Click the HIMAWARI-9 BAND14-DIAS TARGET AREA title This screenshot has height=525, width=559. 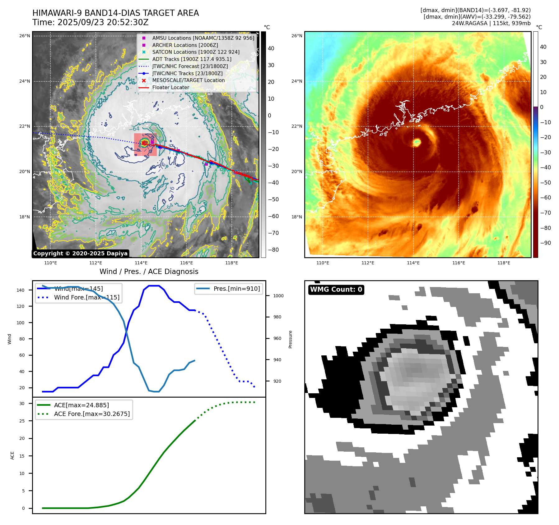(115, 13)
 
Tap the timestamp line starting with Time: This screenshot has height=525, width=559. (90, 23)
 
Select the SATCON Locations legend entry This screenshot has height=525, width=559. (196, 52)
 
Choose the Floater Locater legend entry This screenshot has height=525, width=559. (170, 87)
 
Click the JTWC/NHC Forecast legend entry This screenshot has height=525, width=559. (190, 66)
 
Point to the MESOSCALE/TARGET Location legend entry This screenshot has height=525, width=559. (188, 80)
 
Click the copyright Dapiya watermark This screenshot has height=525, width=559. (80, 253)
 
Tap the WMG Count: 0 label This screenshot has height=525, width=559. (336, 290)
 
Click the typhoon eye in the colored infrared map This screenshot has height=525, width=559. (417, 143)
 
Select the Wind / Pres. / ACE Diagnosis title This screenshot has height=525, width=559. (149, 272)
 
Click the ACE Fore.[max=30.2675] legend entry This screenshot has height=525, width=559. (92, 414)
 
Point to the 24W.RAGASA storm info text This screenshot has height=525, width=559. (491, 23)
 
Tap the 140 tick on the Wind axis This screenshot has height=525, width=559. (21, 290)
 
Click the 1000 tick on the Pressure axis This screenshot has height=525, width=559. (278, 296)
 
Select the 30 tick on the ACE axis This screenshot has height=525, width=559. (22, 404)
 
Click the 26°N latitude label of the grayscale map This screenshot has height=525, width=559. (25, 36)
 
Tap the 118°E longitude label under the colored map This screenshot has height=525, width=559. (504, 263)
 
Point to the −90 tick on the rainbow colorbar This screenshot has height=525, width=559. (545, 243)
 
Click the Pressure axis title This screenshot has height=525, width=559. (290, 339)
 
